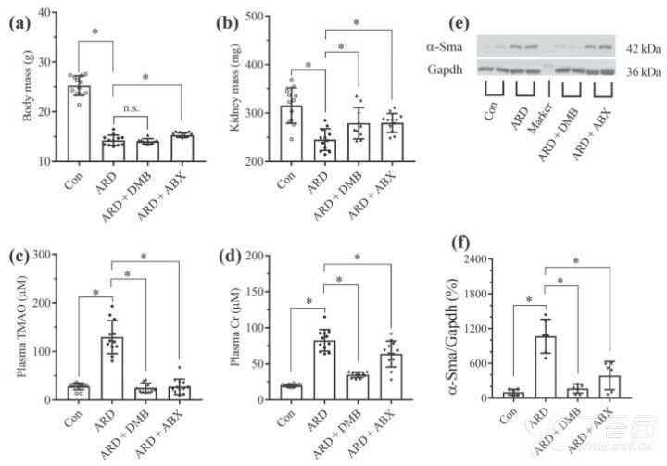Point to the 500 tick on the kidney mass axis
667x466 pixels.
263,16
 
